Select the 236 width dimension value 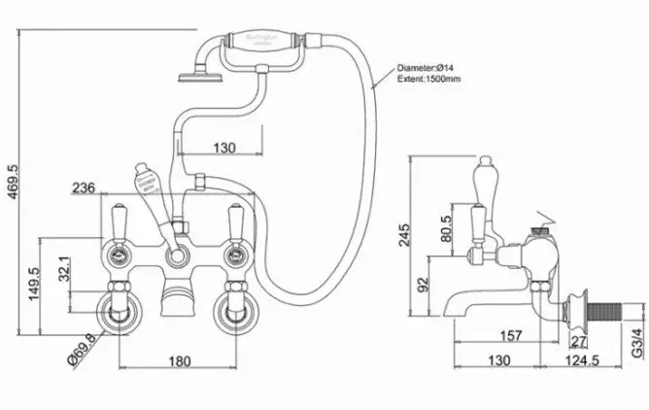pyautogui.click(x=84, y=188)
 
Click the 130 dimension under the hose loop pyautogui.click(x=224, y=147)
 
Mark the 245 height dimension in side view pyautogui.click(x=404, y=235)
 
